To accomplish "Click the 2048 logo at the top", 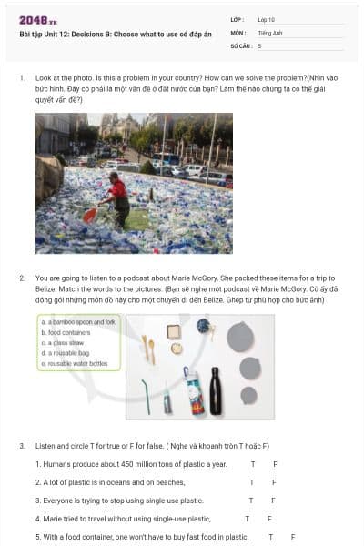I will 37,20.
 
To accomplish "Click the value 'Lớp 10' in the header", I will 266,19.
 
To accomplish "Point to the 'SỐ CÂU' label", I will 239,45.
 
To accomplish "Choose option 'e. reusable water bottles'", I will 75,363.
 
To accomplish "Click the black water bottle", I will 217,389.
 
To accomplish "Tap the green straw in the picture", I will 145,398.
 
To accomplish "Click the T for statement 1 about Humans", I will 252,464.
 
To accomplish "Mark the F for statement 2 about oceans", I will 274,482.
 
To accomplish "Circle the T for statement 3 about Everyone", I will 252,500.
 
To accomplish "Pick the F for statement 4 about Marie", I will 269,519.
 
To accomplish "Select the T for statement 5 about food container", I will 270,537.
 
